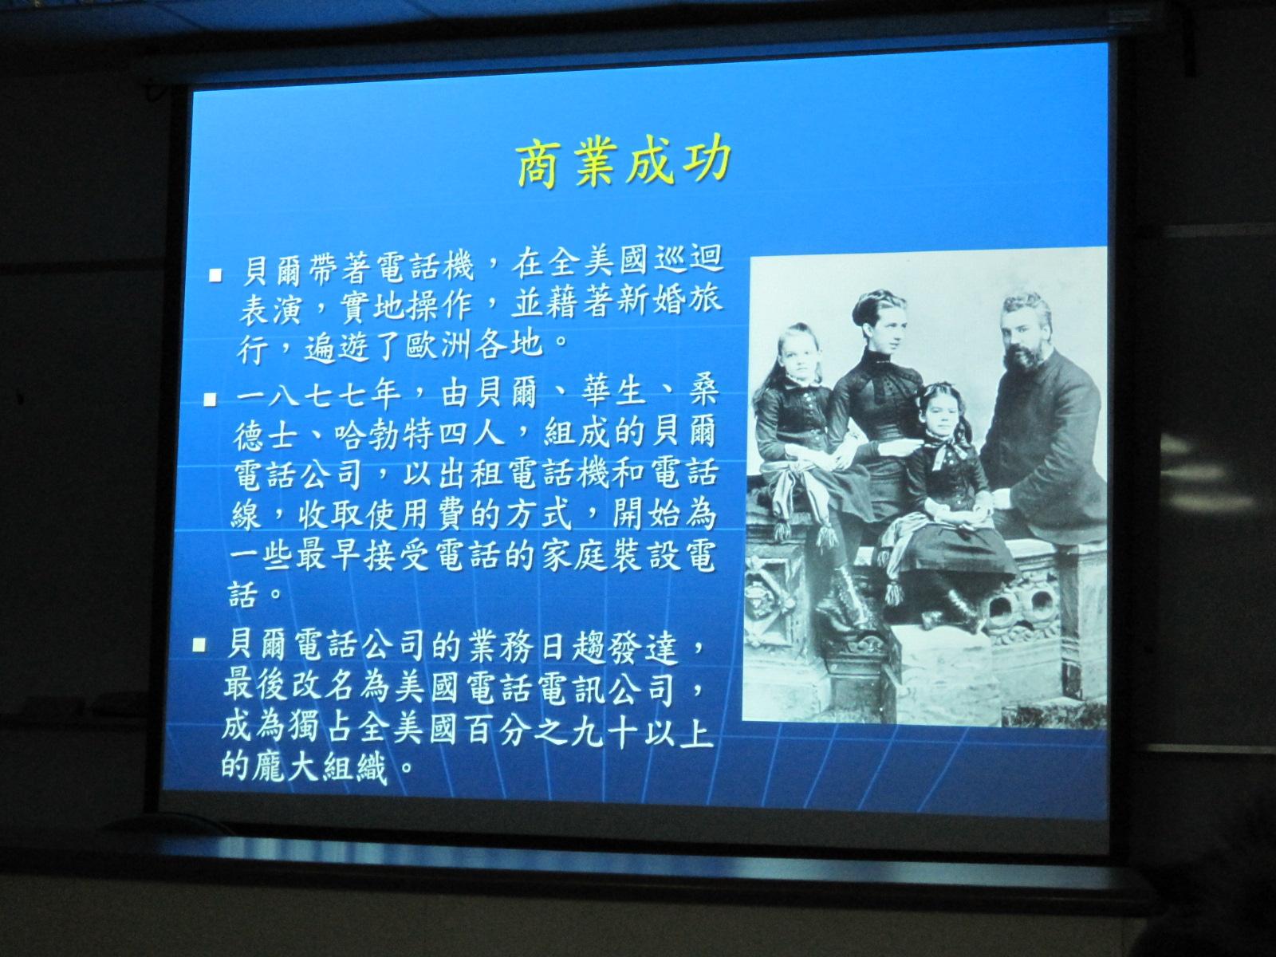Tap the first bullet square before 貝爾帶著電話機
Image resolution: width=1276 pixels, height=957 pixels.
[x=215, y=274]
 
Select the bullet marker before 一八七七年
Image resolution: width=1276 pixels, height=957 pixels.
[x=210, y=400]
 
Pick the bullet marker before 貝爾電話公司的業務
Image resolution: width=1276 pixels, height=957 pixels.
[x=199, y=645]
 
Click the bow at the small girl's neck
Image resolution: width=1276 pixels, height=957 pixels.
[x=942, y=451]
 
